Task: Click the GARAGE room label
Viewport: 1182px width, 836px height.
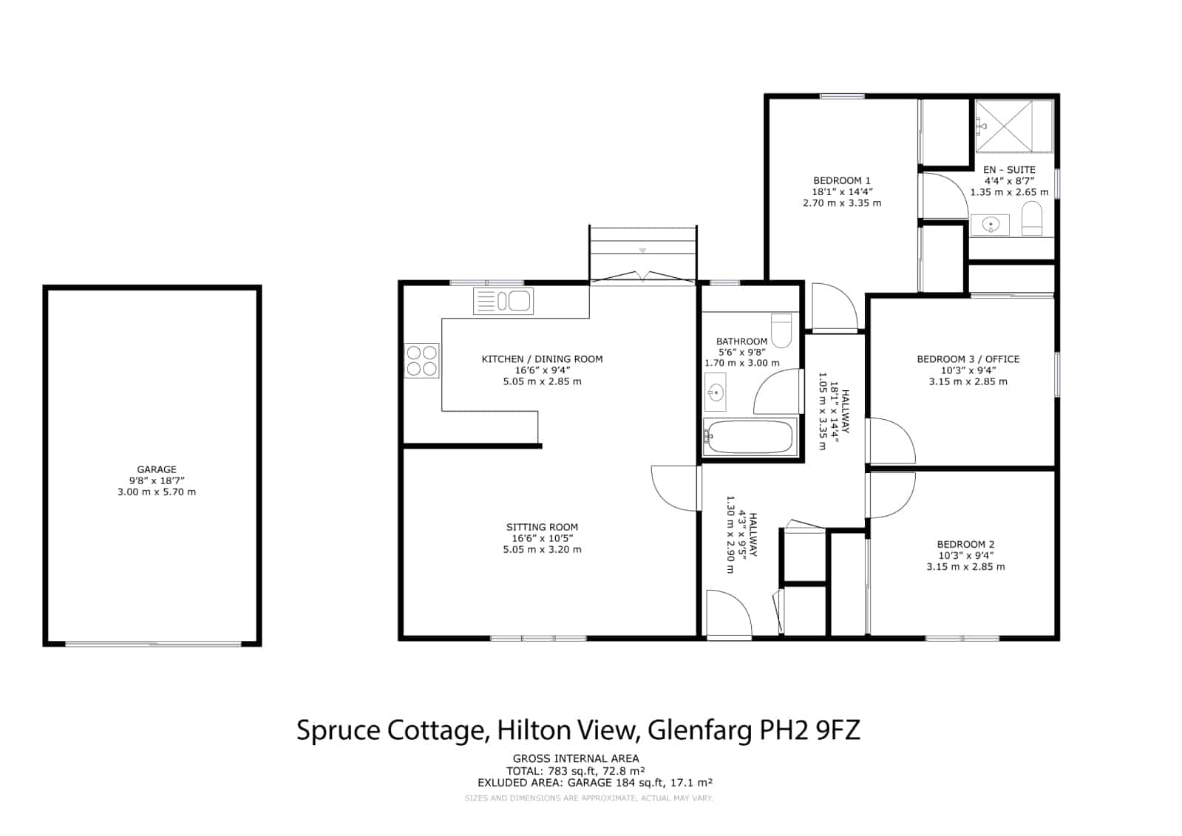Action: tap(157, 469)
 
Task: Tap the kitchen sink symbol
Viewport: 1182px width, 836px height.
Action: tap(503, 301)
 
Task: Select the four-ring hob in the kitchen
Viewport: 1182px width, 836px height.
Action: tap(421, 361)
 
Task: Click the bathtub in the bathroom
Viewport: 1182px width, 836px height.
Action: tap(750, 437)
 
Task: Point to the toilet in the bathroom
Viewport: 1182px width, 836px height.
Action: tap(781, 330)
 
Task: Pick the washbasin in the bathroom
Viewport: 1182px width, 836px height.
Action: tap(716, 392)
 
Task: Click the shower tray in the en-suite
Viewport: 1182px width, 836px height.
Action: tap(1003, 126)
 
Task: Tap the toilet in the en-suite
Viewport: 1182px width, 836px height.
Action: tap(1032, 220)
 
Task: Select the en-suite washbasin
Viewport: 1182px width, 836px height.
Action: tap(990, 225)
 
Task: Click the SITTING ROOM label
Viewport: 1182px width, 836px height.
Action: tap(542, 527)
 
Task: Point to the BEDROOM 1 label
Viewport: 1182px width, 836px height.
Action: tap(842, 180)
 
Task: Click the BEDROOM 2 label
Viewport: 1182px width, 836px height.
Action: tap(965, 544)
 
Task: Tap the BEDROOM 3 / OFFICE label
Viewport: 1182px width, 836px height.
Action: tap(968, 359)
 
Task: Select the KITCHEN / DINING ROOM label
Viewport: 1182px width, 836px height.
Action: tap(542, 359)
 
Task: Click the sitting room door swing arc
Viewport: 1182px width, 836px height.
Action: tap(666, 498)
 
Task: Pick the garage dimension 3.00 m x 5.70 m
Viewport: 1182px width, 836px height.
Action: tap(157, 492)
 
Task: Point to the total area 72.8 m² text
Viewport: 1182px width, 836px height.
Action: tap(624, 771)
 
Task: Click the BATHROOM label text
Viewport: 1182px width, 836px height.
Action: tap(741, 341)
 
